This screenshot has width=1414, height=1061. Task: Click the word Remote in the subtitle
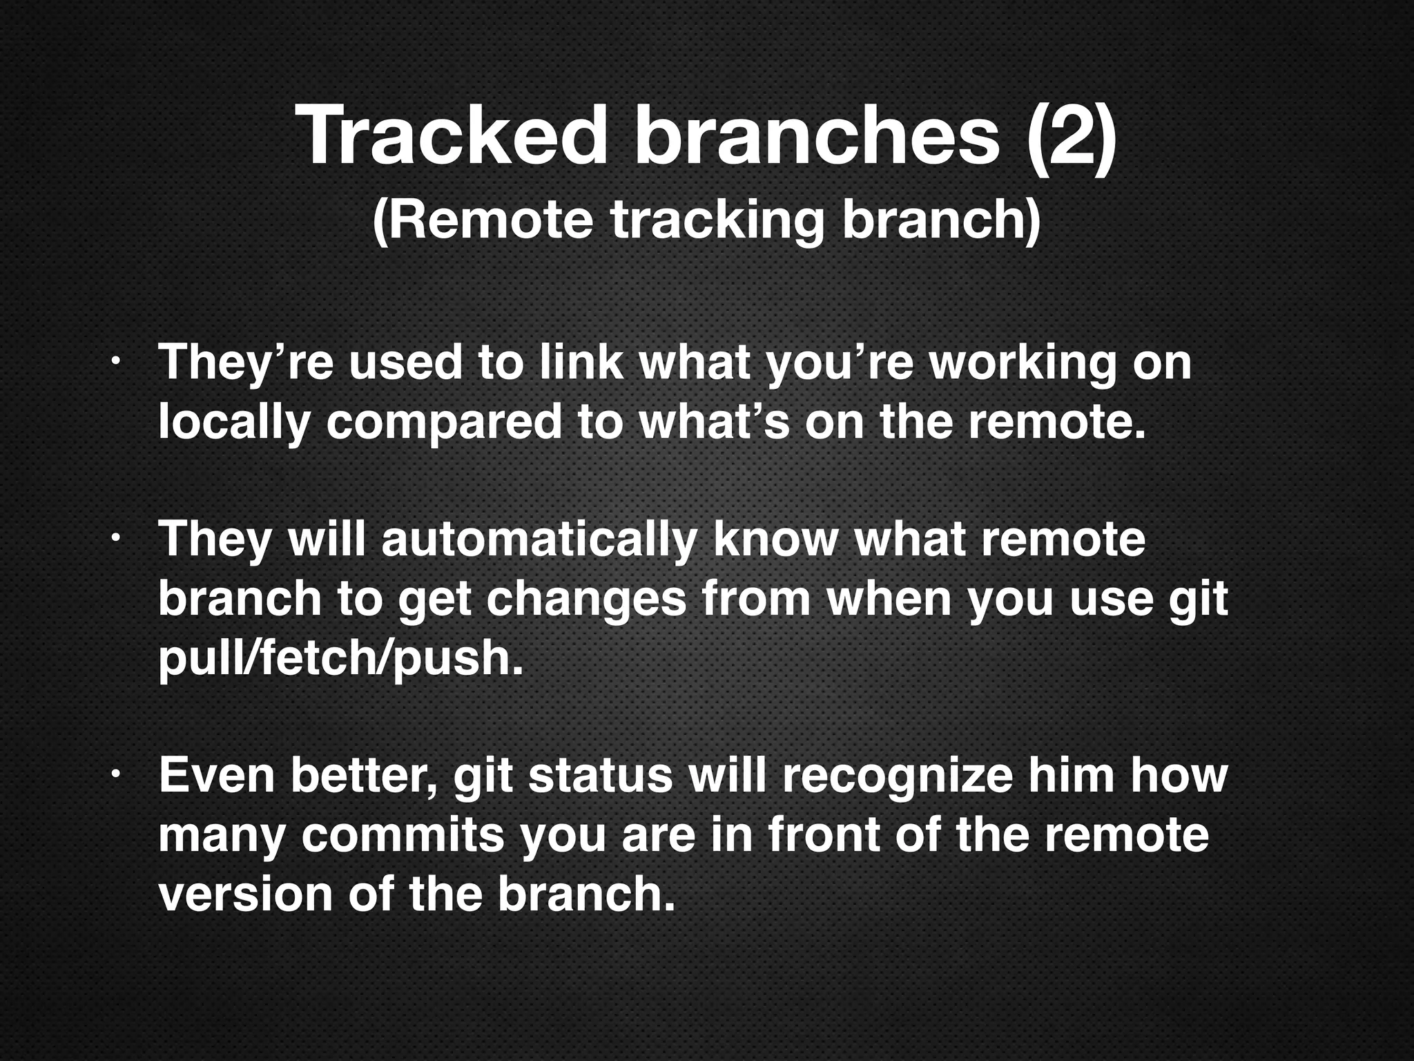(483, 220)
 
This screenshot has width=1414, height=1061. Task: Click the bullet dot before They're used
(117, 362)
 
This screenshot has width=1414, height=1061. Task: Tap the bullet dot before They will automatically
(117, 538)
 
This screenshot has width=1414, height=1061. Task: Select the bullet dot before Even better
(117, 775)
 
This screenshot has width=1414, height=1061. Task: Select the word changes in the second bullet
(586, 599)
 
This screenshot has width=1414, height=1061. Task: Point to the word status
(600, 775)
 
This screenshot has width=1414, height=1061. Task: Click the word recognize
(897, 775)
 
